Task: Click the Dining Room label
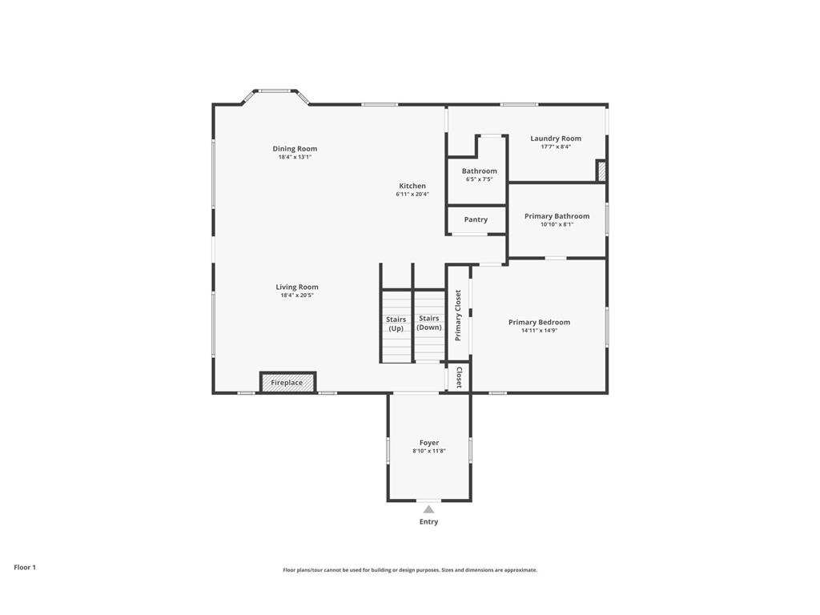click(295, 148)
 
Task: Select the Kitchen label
click(412, 186)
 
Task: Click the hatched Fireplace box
click(287, 383)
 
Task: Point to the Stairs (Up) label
click(396, 324)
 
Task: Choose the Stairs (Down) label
click(428, 323)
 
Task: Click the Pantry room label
click(476, 219)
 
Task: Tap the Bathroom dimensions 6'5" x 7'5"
click(479, 179)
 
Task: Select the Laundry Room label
click(556, 139)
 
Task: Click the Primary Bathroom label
click(557, 216)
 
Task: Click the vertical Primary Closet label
click(458, 315)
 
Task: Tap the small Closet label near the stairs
click(459, 377)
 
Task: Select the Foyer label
click(429, 443)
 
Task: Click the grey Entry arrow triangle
click(428, 509)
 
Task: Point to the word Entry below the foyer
click(428, 522)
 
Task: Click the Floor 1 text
click(25, 567)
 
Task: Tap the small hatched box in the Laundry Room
click(601, 171)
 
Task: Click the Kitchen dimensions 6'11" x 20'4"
click(412, 195)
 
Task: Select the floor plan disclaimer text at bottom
click(409, 570)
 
